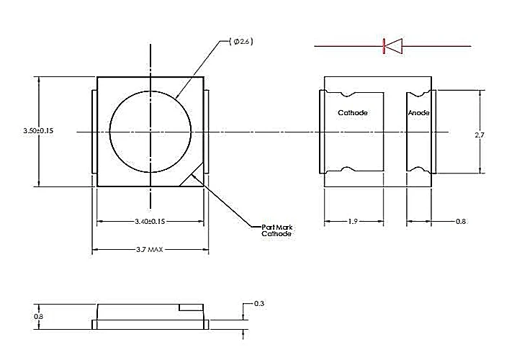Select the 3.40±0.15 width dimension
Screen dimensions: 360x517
tap(150, 222)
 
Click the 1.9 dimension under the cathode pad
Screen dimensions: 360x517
tap(352, 222)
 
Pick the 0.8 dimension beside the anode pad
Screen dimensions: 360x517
tap(461, 222)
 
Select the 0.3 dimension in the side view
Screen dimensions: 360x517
tap(259, 304)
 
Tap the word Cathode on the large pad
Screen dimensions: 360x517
tap(353, 113)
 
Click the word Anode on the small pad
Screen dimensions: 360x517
tap(418, 113)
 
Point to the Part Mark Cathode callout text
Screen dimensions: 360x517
tap(277, 230)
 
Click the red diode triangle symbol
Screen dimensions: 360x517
tap(392, 46)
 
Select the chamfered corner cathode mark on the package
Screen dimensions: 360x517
tap(195, 176)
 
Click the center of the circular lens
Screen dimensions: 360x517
tap(150, 132)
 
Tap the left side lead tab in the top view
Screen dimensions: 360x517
tap(94, 132)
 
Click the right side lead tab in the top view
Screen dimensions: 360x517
tap(207, 132)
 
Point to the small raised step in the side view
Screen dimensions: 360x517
tap(190, 307)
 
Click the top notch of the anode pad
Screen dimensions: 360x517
tap(418, 94)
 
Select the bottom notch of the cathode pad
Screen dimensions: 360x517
tap(346, 169)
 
